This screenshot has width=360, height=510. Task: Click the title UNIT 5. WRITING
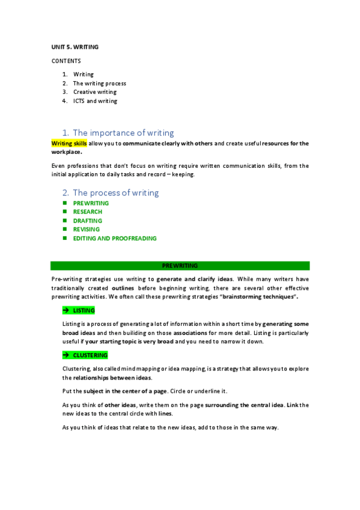[74, 46]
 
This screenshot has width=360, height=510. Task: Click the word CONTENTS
[66, 61]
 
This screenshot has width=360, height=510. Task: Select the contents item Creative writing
[95, 92]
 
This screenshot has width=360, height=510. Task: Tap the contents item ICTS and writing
[95, 101]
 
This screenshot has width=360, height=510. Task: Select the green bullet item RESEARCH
[88, 212]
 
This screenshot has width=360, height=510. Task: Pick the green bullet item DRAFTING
[88, 221]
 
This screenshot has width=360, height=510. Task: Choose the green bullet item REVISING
[87, 229]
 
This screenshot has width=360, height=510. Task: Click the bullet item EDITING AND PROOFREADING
[115, 238]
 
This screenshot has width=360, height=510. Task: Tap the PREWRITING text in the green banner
[180, 265]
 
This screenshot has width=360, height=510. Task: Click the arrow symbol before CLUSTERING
[66, 355]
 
